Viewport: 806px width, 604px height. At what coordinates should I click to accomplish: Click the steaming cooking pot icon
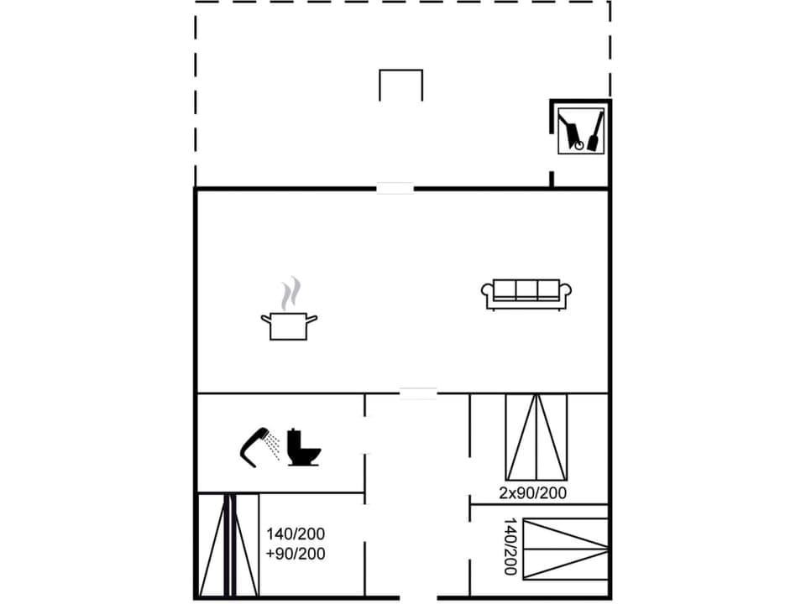[x=289, y=323]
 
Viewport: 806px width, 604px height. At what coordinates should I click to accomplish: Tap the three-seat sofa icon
[x=526, y=294]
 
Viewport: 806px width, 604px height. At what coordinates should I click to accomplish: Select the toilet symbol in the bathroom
[x=303, y=447]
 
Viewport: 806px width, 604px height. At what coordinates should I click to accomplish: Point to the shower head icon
[x=256, y=444]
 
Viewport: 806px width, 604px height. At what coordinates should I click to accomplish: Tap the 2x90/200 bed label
[x=532, y=492]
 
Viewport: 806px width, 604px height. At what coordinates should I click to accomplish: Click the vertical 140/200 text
[x=509, y=546]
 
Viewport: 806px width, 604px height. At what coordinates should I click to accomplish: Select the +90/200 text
[x=296, y=554]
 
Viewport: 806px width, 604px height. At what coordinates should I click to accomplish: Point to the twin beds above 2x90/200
[x=536, y=437]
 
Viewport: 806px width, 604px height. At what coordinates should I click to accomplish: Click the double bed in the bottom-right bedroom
[x=565, y=549]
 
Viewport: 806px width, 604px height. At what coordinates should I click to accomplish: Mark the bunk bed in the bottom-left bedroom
[x=228, y=545]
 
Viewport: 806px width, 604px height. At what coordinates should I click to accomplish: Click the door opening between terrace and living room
[x=395, y=189]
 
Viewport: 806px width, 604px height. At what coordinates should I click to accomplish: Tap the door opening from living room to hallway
[x=418, y=393]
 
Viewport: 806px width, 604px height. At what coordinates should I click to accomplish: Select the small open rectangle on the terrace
[x=400, y=85]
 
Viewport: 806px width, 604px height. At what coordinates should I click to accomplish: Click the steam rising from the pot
[x=290, y=294]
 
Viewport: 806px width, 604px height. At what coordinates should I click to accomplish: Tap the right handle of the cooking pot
[x=312, y=318]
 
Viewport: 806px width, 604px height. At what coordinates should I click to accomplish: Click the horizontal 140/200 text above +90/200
[x=296, y=534]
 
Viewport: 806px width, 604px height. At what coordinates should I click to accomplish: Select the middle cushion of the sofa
[x=526, y=289]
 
